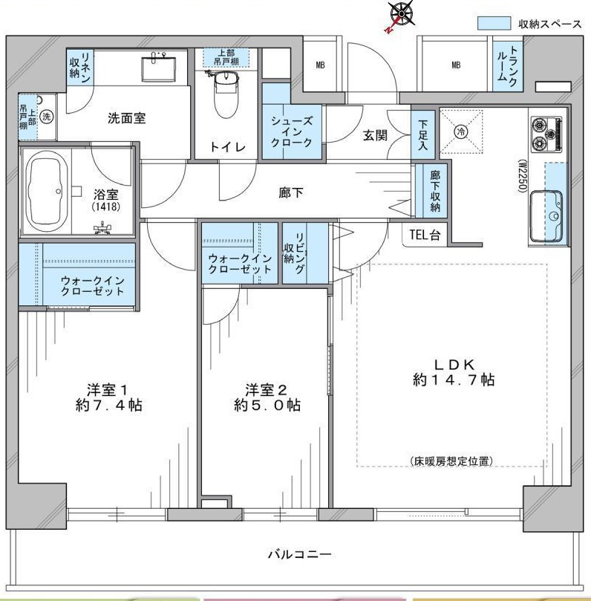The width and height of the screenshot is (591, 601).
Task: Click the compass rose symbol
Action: coord(401,16)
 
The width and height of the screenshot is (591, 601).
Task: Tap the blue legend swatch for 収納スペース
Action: coord(494,23)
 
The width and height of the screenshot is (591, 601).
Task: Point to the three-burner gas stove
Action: coord(546,135)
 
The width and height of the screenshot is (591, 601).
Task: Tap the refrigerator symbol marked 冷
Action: coord(461,131)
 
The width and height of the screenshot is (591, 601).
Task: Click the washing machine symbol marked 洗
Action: coord(46,116)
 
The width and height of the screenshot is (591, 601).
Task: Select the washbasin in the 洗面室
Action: coord(159,68)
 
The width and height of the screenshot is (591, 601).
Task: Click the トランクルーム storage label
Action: coord(508,66)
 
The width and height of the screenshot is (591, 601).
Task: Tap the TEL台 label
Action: coord(425,234)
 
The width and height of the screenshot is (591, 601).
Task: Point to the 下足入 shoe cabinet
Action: coord(423,134)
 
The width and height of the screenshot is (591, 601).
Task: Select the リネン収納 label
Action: coord(79,68)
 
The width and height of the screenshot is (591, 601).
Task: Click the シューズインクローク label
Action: coord(292,131)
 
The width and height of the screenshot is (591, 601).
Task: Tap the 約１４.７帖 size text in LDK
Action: coord(454,380)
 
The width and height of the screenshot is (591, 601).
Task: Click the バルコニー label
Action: coord(299,554)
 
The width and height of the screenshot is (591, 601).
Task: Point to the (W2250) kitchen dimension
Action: coord(523,175)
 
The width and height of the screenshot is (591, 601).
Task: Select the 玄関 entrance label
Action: coord(375,135)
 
